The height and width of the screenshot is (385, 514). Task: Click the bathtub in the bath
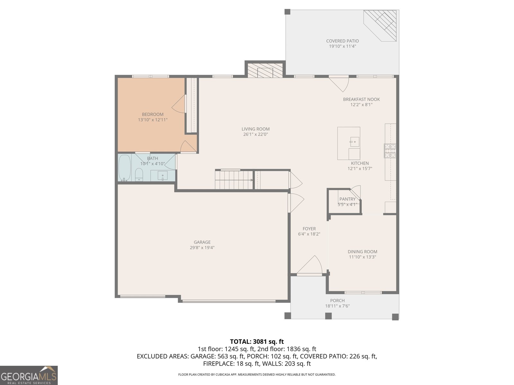[125, 168]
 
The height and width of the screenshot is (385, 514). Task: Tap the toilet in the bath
[139, 175]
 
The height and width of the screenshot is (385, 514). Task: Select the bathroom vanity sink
[163, 176]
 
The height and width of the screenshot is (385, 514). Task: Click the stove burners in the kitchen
[390, 151]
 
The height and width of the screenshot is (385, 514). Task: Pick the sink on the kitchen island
[354, 141]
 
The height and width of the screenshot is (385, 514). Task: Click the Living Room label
[255, 129]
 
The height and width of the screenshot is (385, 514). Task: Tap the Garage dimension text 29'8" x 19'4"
[202, 247]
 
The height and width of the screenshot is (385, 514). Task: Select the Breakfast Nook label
[361, 99]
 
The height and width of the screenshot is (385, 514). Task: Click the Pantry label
[347, 199]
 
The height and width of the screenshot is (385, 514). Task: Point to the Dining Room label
[362, 252]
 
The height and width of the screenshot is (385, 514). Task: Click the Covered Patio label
[342, 41]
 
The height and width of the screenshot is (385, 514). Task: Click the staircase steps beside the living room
[234, 180]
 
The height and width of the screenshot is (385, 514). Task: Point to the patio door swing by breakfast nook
[339, 83]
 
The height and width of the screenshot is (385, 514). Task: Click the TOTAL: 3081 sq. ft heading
[257, 341]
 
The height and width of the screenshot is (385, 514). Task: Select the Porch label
[337, 301]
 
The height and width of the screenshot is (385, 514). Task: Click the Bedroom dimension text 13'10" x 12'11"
[153, 120]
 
